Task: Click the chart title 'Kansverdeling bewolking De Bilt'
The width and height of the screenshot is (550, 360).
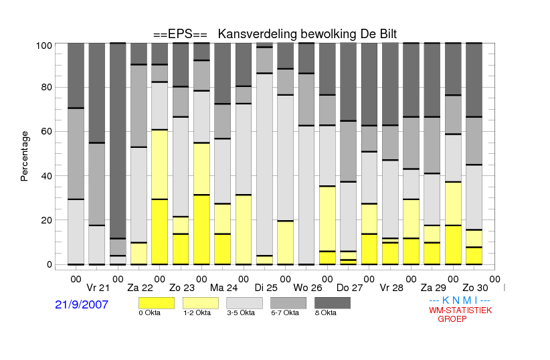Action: pos(307,34)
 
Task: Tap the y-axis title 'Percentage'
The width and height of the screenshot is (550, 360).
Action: pos(24,156)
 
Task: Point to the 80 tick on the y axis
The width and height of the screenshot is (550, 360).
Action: pos(47,87)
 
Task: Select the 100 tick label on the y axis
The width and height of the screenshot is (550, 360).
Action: pos(44,46)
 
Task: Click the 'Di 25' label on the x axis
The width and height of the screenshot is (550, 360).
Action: pos(266,288)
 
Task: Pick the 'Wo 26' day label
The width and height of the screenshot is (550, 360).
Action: pos(308,288)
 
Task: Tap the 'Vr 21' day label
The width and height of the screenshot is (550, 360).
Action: pos(98,288)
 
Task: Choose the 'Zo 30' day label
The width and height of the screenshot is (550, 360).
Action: pos(475,288)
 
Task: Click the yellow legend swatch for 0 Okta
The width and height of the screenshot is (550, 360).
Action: pos(157,303)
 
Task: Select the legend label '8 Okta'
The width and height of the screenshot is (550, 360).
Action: pos(325,313)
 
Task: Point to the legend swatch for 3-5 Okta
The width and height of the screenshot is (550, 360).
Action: pos(244,303)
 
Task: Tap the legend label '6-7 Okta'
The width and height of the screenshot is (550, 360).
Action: pos(285,313)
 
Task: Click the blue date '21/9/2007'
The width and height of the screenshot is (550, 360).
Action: pos(82,304)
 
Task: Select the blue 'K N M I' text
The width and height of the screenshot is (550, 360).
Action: pos(460,300)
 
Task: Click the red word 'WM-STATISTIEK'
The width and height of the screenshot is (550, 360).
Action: pos(460,310)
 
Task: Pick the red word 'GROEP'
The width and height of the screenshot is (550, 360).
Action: pos(452,319)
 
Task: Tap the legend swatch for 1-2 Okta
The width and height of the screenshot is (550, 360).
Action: pos(201,303)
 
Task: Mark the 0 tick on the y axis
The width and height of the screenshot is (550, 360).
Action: pos(50,264)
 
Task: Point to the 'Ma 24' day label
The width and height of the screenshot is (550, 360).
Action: pos(223,288)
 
